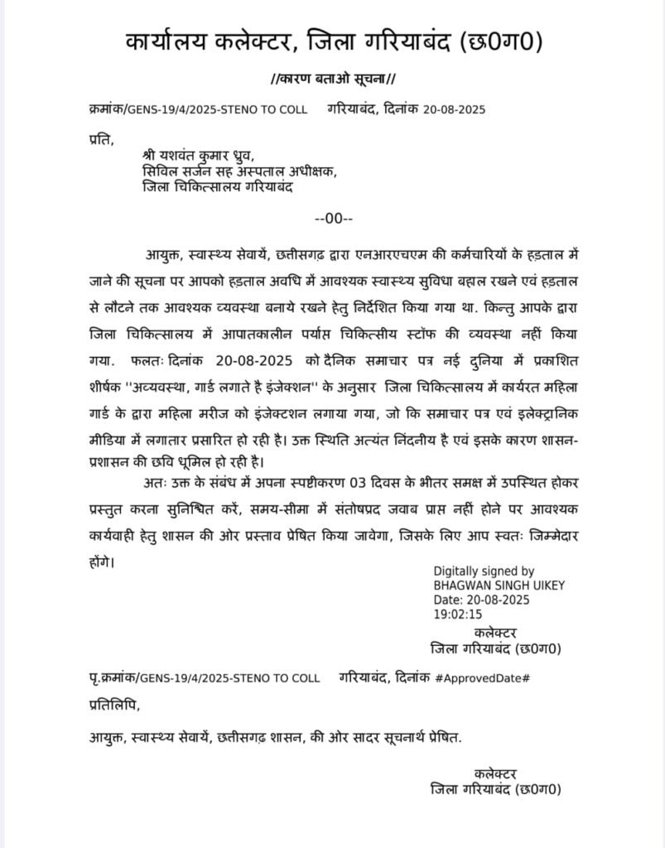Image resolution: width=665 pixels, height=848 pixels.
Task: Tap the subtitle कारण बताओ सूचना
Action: (x=333, y=79)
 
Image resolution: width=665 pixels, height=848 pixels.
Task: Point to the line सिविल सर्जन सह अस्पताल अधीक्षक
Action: (x=237, y=171)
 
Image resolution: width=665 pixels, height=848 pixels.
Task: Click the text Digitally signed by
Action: (x=484, y=571)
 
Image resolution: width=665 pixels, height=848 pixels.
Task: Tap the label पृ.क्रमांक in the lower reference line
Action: (x=113, y=677)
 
